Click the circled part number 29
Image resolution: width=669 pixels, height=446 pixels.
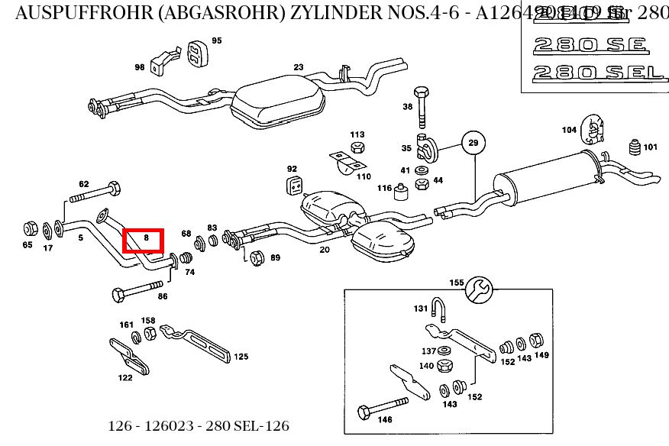473,143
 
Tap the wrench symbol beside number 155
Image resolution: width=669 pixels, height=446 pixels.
480,289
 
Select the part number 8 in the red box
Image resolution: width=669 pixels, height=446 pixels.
144,240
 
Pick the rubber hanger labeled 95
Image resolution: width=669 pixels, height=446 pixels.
196,53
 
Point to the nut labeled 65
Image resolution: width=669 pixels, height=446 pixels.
30,228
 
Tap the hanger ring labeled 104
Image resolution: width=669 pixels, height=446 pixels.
592,130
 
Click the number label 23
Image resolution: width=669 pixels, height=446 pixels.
298,67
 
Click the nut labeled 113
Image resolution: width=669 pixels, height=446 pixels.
357,147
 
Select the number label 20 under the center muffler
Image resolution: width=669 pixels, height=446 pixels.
325,250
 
